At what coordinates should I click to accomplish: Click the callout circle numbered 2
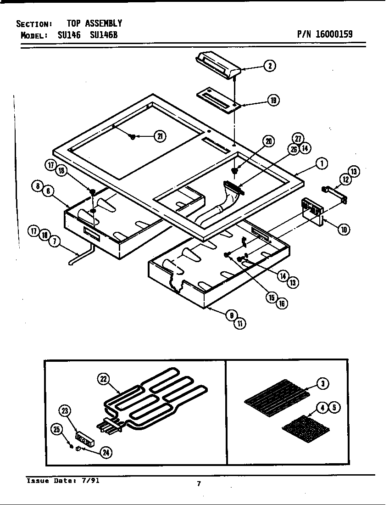click(x=270, y=66)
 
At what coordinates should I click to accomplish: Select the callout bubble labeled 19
click(x=274, y=101)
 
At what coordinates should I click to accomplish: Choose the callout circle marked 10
click(x=343, y=229)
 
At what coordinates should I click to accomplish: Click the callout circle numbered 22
click(x=103, y=379)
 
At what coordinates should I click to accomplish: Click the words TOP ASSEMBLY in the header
click(x=94, y=23)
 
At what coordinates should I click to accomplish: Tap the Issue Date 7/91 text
click(x=63, y=481)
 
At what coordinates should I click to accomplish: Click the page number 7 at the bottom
click(x=199, y=483)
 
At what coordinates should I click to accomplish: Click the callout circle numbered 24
click(x=106, y=452)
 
